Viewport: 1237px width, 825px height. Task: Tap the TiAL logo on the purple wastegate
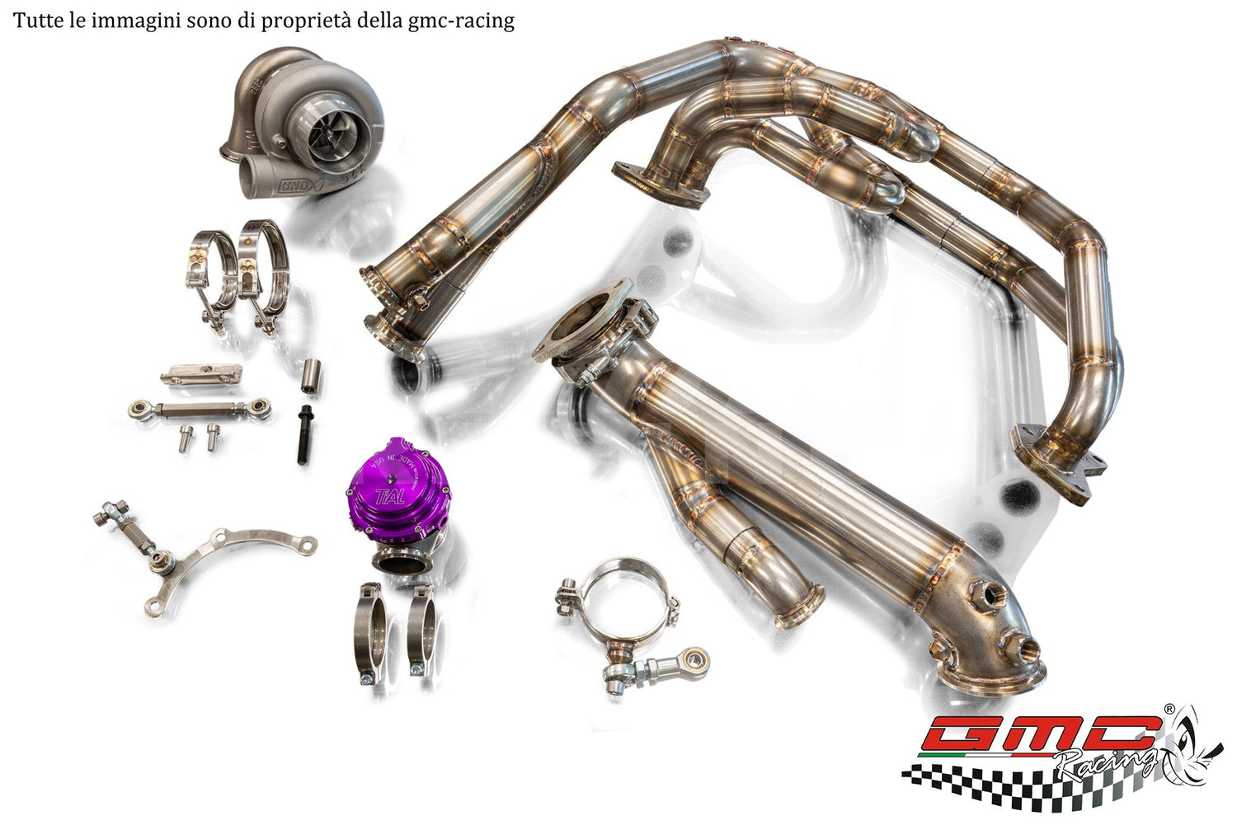coord(385,496)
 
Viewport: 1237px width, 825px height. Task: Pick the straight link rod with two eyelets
coord(200,407)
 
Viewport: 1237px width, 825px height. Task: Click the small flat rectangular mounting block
coord(200,373)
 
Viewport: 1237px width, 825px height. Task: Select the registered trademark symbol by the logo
coord(1169,708)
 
